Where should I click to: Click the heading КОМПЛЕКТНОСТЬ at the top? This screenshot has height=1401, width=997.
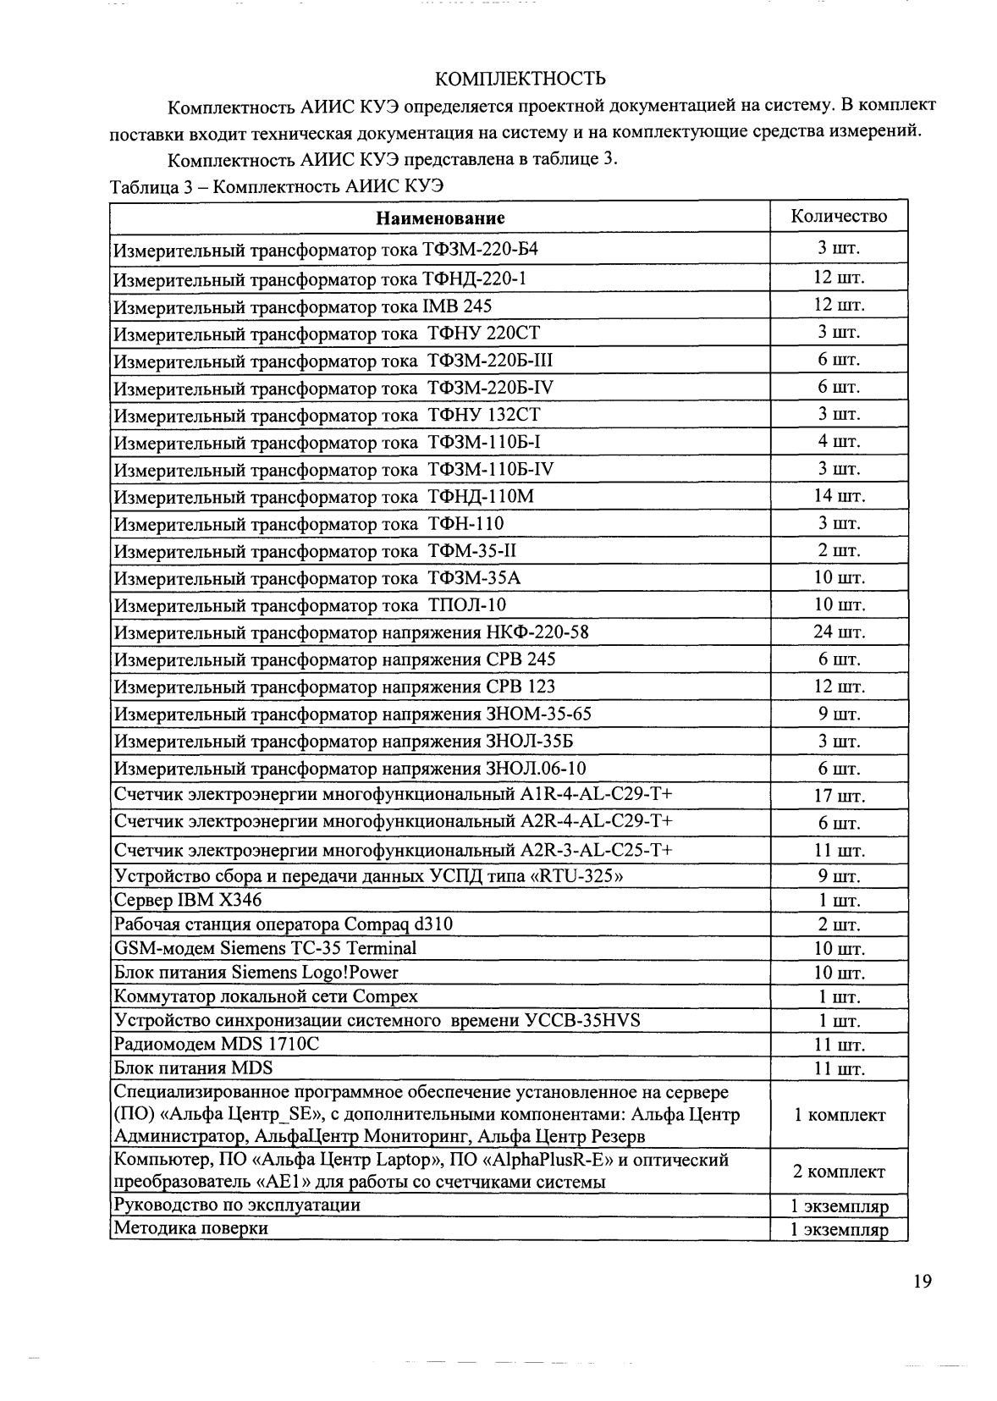pyautogui.click(x=520, y=80)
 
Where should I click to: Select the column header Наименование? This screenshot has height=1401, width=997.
pyautogui.click(x=440, y=218)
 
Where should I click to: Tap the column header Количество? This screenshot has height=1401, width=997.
pyautogui.click(x=839, y=216)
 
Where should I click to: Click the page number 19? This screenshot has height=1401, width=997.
pyautogui.click(x=923, y=1281)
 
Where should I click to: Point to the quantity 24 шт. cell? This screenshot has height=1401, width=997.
pyautogui.click(x=839, y=632)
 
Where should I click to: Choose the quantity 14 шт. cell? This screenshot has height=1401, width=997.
pyautogui.click(x=839, y=495)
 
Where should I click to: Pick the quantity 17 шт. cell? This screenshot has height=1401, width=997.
pyautogui.click(x=839, y=796)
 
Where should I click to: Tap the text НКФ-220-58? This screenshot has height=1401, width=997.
pyautogui.click(x=537, y=632)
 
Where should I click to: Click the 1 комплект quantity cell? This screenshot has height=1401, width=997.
pyautogui.click(x=839, y=1115)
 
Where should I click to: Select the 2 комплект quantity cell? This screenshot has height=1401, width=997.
pyautogui.click(x=839, y=1172)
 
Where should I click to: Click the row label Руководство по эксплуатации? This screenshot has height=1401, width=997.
pyautogui.click(x=237, y=1205)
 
